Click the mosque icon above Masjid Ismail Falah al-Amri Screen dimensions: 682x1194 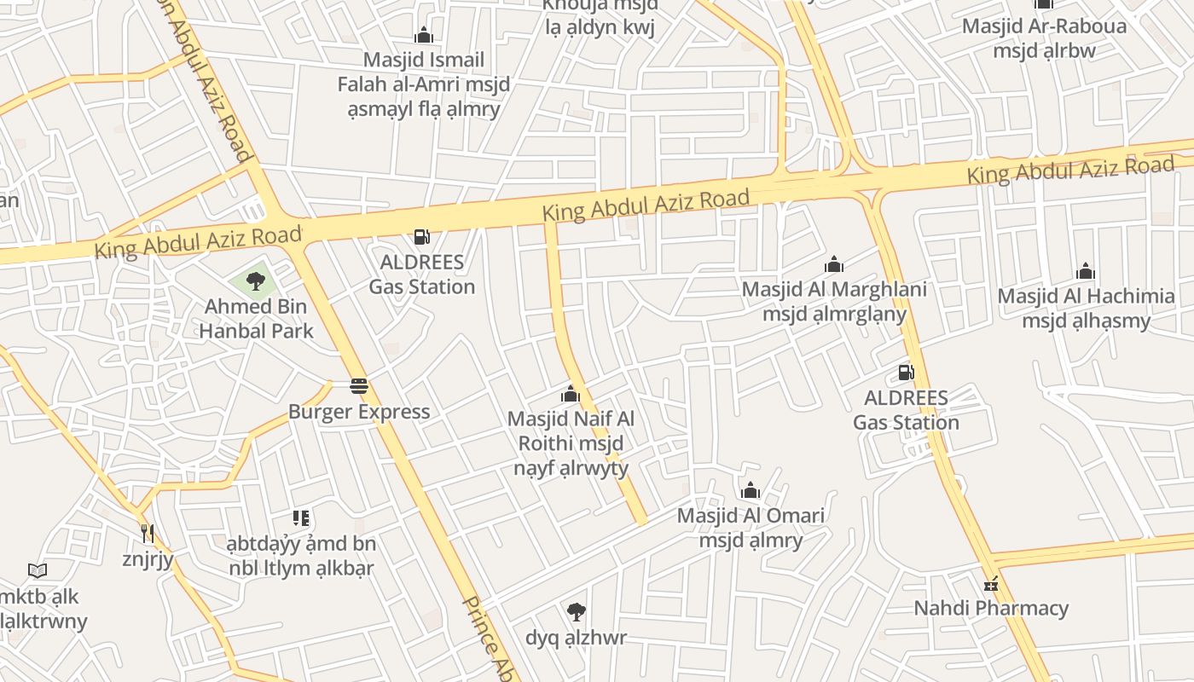point(423,36)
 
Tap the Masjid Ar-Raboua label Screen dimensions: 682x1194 point(1044,38)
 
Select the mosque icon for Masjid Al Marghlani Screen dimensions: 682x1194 point(833,265)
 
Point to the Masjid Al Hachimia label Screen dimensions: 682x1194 point(1086,309)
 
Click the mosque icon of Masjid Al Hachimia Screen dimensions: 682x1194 point(1085,272)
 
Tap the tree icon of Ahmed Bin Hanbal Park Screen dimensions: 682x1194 point(255,280)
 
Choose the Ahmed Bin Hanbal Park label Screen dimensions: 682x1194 point(257,319)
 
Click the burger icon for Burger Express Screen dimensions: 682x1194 point(359,386)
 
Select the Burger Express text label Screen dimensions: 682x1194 point(359,412)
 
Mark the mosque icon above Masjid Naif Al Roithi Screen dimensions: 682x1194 point(570,395)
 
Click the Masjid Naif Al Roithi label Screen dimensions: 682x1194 point(571,443)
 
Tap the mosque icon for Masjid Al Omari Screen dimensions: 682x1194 point(751,491)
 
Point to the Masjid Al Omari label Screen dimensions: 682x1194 point(751,528)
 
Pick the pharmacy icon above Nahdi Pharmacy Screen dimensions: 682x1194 point(990,584)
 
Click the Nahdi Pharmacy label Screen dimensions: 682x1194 point(991,609)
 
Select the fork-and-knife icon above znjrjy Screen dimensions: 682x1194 point(148,534)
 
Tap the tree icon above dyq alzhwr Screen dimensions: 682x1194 point(576,611)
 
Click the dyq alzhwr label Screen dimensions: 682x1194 point(576,638)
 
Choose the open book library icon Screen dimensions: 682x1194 point(37,570)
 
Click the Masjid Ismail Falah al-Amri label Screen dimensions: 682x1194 point(423,84)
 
